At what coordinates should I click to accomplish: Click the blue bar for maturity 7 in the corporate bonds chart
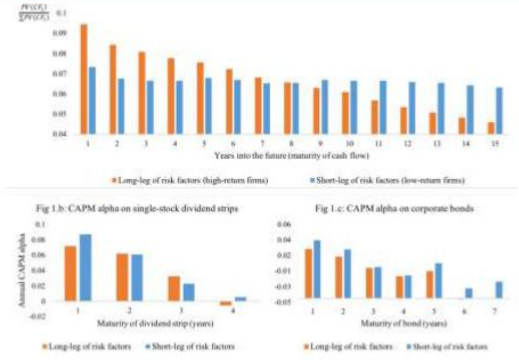[499, 290]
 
